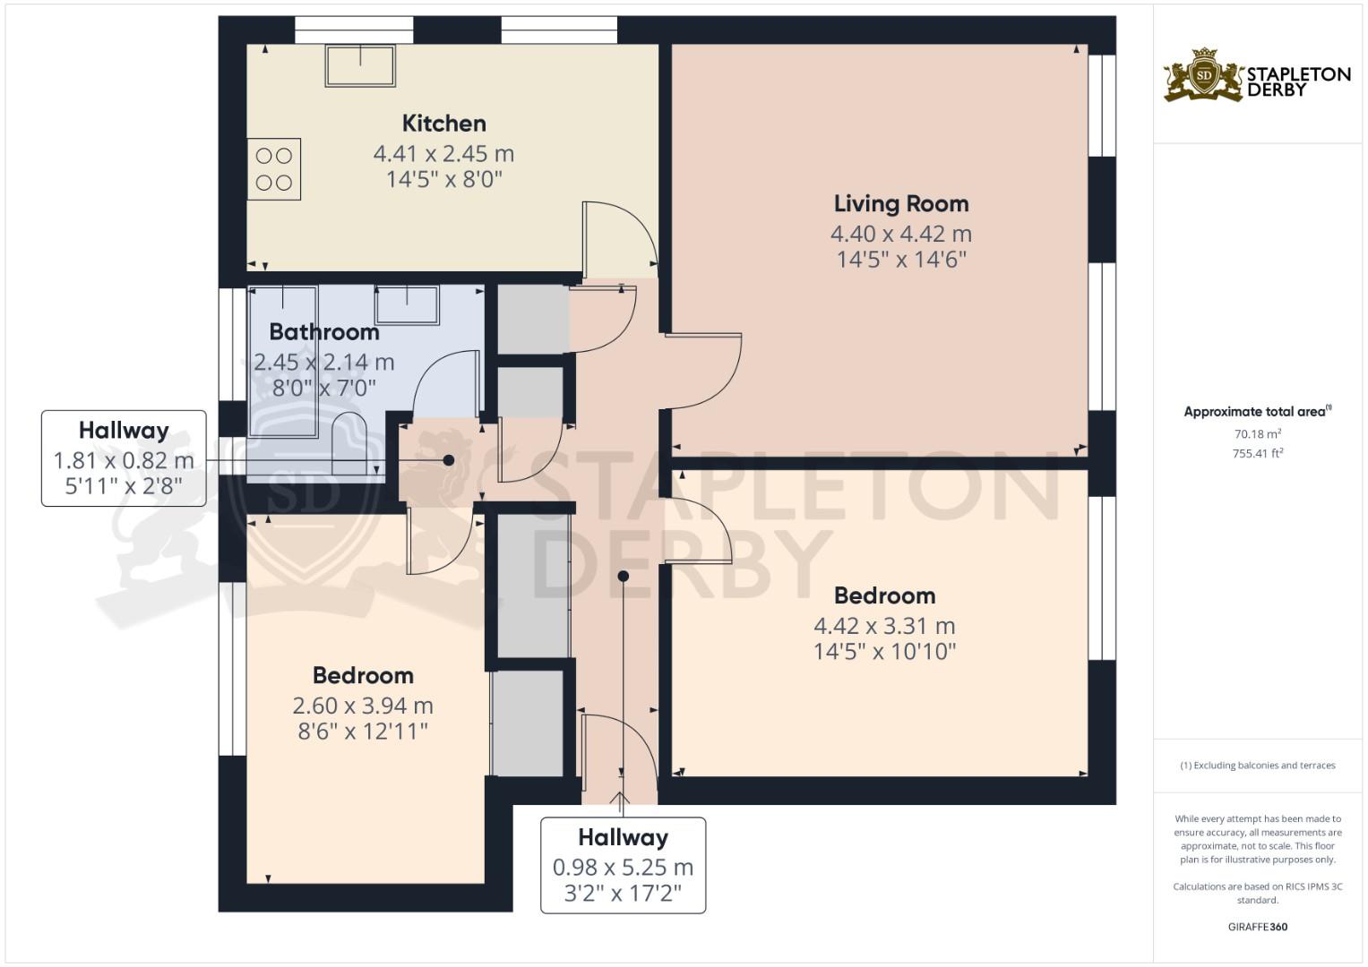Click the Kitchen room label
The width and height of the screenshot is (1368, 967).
tap(444, 124)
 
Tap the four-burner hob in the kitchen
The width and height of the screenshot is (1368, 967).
tap(273, 169)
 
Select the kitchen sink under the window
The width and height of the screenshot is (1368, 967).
tap(360, 65)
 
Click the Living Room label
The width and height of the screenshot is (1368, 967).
tap(901, 204)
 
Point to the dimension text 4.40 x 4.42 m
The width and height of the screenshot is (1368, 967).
tap(901, 234)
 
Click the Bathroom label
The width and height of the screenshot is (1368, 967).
tap(324, 332)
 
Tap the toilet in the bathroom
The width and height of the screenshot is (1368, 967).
tap(349, 442)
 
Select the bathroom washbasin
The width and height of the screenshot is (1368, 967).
tap(407, 304)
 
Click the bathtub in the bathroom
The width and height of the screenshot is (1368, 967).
tap(283, 362)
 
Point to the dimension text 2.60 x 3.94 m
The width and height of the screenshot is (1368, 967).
tap(363, 706)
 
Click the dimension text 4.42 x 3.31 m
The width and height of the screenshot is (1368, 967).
tap(884, 626)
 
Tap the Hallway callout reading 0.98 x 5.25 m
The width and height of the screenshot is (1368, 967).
tap(623, 865)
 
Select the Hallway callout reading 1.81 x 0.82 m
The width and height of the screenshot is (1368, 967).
tap(124, 458)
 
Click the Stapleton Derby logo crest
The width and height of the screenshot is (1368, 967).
tap(1204, 75)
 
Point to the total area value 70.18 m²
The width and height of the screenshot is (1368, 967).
tap(1258, 434)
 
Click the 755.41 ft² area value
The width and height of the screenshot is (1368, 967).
tap(1258, 454)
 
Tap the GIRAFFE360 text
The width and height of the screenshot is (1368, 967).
tap(1258, 927)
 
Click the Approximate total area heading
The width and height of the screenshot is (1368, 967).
tap(1258, 412)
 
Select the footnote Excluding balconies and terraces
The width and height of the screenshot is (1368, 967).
tap(1258, 766)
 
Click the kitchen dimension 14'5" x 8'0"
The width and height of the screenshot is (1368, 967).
tap(444, 179)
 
